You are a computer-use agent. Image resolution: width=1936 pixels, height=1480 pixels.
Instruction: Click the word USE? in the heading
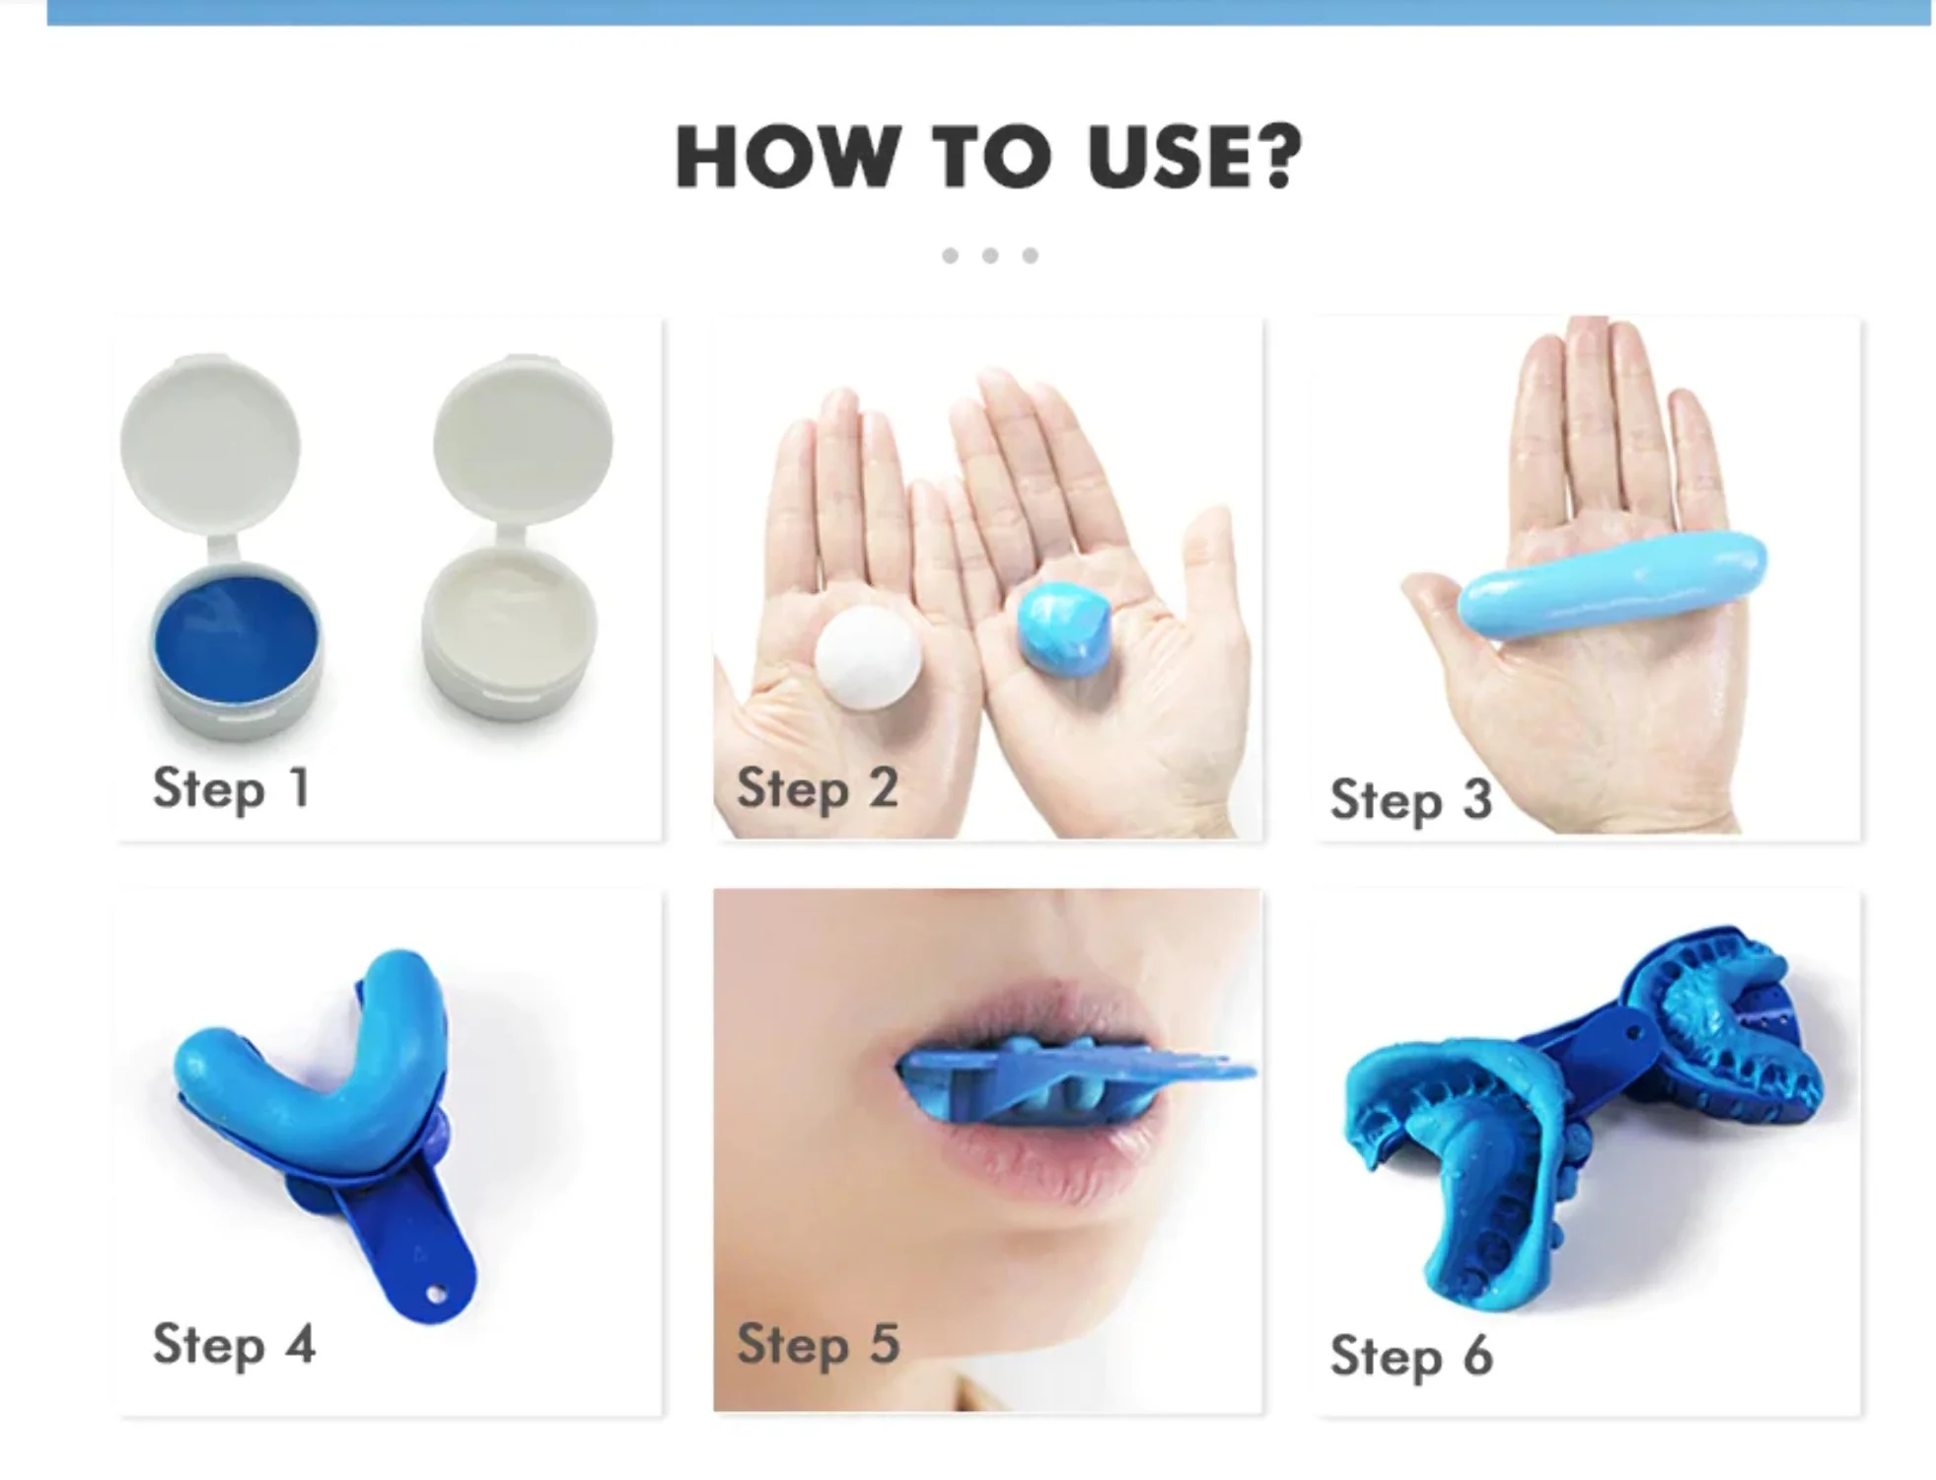pyautogui.click(x=1193, y=158)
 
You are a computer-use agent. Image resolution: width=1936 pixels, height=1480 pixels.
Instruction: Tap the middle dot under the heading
pyautogui.click(x=990, y=256)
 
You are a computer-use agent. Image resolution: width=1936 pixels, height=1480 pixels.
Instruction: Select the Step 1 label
pyautogui.click(x=232, y=789)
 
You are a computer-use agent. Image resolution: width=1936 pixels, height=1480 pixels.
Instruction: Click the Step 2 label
pyautogui.click(x=817, y=789)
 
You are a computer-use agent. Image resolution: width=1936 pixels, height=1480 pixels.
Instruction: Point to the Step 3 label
pyautogui.click(x=1410, y=800)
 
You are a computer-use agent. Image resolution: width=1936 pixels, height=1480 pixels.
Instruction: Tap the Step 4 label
pyautogui.click(x=234, y=1345)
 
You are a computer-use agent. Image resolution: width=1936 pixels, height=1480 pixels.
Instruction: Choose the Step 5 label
pyautogui.click(x=818, y=1345)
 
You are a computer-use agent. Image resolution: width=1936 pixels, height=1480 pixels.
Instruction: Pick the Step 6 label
pyautogui.click(x=1410, y=1356)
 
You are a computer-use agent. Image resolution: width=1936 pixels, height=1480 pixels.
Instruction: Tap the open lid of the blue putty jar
pyautogui.click(x=210, y=444)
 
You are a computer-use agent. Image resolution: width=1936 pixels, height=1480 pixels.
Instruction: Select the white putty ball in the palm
pyautogui.click(x=868, y=657)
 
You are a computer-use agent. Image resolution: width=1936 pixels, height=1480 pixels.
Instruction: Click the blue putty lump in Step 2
pyautogui.click(x=1063, y=629)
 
